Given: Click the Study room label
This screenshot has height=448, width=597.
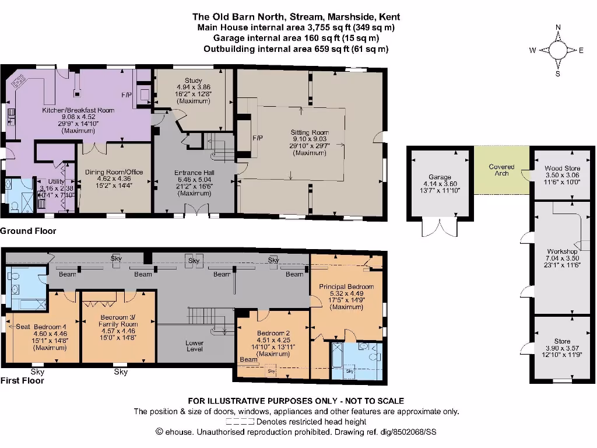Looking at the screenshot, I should (x=193, y=80).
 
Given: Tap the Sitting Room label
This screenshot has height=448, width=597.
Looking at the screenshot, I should (x=310, y=132).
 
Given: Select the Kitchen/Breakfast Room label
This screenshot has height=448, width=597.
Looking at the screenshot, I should (x=78, y=110).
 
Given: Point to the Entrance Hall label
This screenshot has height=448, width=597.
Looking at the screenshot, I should (x=195, y=173).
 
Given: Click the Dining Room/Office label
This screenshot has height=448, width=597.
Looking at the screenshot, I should (x=114, y=172).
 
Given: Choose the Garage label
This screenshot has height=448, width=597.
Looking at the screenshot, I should (x=440, y=177).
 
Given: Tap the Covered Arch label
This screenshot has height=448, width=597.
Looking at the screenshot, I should (x=501, y=167).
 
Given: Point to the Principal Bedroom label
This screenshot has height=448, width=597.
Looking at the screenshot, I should (x=346, y=287).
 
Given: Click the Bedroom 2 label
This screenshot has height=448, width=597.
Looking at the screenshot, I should (x=273, y=334).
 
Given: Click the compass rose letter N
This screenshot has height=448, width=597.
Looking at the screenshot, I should (x=558, y=27).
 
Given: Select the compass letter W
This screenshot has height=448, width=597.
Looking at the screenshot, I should (x=532, y=51).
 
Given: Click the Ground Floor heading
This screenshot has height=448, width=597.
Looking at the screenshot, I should (x=28, y=231).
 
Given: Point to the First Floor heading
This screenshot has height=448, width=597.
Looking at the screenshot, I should (x=23, y=380).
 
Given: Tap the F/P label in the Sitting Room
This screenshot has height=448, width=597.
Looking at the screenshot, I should (x=257, y=138).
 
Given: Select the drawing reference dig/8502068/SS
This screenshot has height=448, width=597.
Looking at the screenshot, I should (x=400, y=432).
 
